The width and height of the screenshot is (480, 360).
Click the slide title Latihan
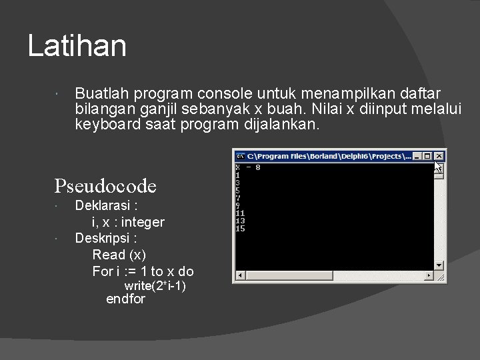pos(77,46)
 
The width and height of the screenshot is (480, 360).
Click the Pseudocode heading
pos(105,186)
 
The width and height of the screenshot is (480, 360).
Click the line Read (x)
pos(119,255)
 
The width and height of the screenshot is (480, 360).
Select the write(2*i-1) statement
pos(155,286)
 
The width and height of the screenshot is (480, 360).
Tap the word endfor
pos(125,299)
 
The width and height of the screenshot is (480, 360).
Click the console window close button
pos(439,156)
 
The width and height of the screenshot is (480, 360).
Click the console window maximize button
pos(428,156)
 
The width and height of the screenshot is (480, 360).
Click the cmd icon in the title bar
pos(240,156)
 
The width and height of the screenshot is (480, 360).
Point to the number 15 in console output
pos(240,229)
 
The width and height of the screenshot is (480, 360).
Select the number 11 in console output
pos(240,213)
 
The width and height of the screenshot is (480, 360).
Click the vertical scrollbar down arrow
pos(439,265)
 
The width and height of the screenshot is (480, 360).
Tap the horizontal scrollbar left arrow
pos(239,276)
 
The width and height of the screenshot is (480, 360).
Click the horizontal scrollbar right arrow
pos(429,276)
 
